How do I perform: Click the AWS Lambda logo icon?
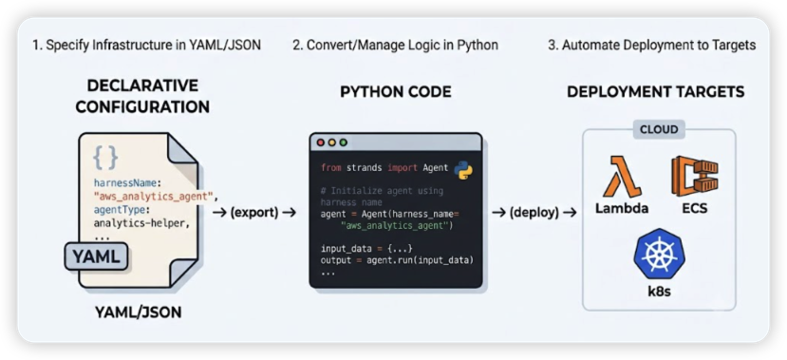point(622,177)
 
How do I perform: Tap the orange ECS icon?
point(695,177)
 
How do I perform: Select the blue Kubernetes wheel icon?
point(659,254)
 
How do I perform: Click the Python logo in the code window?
point(463,171)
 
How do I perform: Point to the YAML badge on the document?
point(96,256)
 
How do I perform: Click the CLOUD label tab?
point(659,129)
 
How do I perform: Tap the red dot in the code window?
point(321,142)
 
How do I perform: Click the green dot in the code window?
point(344,142)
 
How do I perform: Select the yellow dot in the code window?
point(331,142)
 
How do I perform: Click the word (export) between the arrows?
point(254,213)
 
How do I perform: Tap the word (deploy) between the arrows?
point(534,213)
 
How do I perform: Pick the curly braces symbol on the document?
point(105,159)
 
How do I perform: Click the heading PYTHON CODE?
point(396,91)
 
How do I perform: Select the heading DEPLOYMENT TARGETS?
point(655,92)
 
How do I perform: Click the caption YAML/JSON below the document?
point(138,313)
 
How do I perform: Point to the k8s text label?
point(659,292)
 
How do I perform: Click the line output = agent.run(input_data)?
point(398,260)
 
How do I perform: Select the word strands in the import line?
point(365,168)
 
